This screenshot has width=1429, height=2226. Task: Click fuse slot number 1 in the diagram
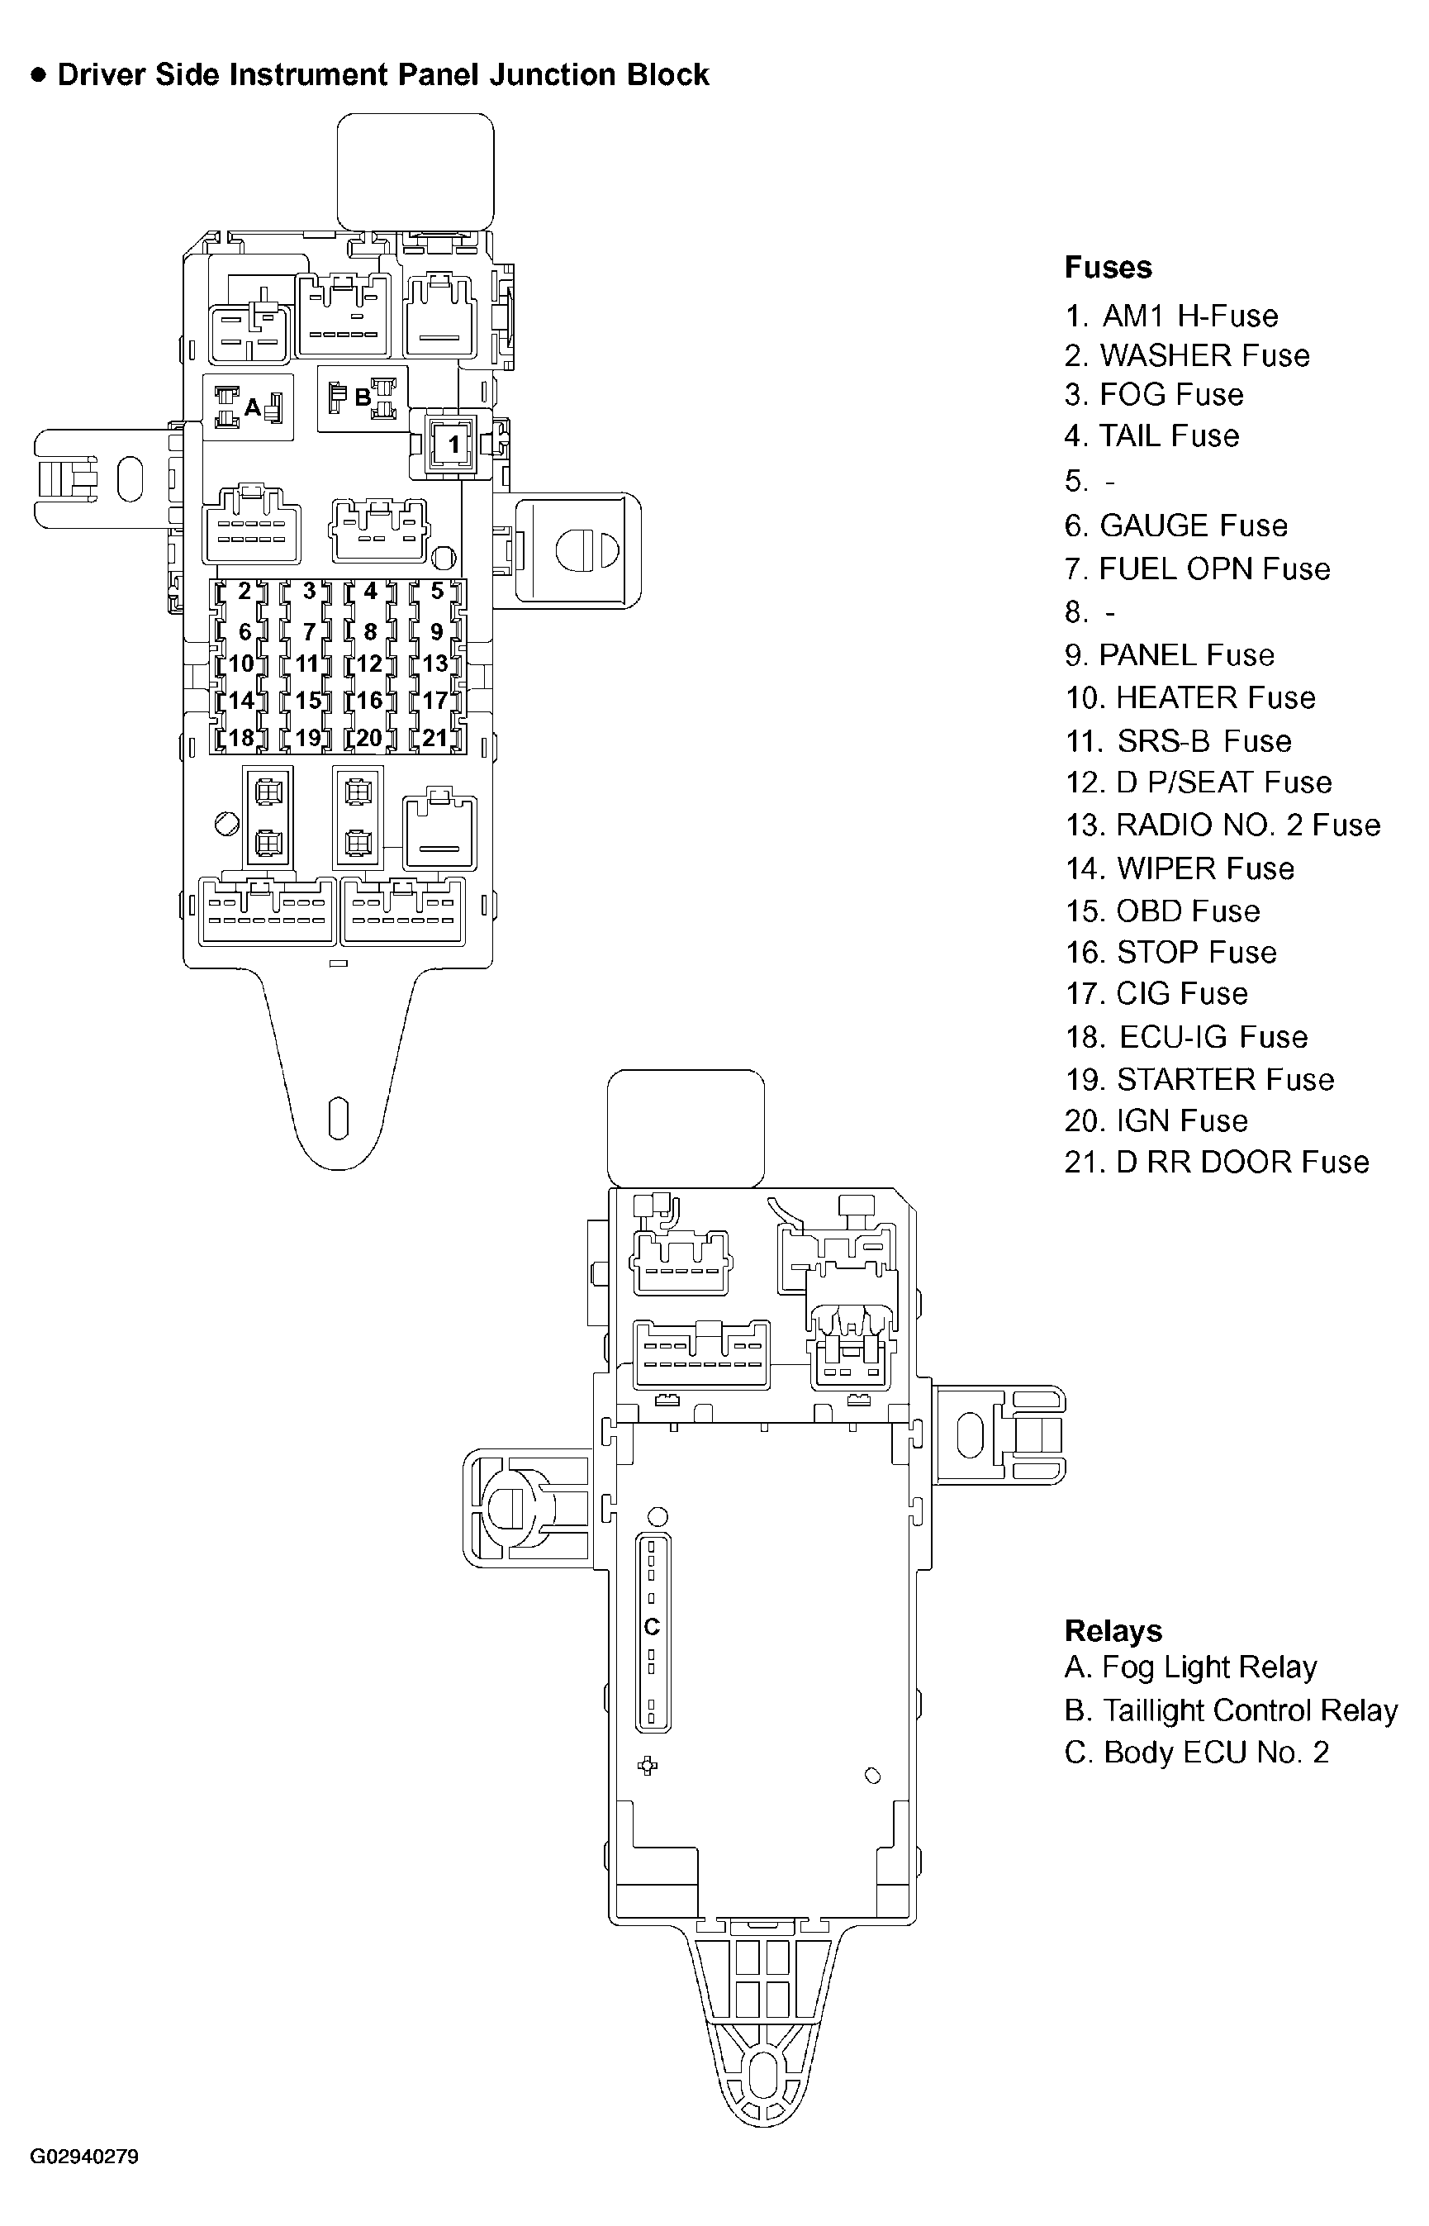(x=453, y=445)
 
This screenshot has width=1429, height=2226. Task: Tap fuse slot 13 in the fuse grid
(x=434, y=664)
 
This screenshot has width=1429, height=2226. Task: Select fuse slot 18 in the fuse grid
(x=241, y=738)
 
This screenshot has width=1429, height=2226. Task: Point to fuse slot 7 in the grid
(x=309, y=632)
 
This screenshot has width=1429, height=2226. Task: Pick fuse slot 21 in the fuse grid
(x=434, y=738)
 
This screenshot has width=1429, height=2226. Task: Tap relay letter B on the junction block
(x=363, y=397)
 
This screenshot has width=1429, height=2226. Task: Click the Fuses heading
(x=1108, y=268)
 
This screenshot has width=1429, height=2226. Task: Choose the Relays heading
(x=1113, y=1631)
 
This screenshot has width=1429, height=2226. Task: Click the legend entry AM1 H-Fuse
(x=1171, y=316)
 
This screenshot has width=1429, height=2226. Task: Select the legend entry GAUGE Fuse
(x=1175, y=526)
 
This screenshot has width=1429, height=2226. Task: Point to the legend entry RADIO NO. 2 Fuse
(x=1222, y=825)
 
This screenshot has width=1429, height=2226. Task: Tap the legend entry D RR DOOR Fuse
(x=1217, y=1163)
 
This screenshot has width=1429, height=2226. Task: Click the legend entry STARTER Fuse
(x=1199, y=1080)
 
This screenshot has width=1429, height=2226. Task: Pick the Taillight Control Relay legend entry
(x=1231, y=1710)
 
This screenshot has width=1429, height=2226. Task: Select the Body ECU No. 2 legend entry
(x=1197, y=1753)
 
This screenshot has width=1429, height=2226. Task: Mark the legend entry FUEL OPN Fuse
(x=1197, y=569)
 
